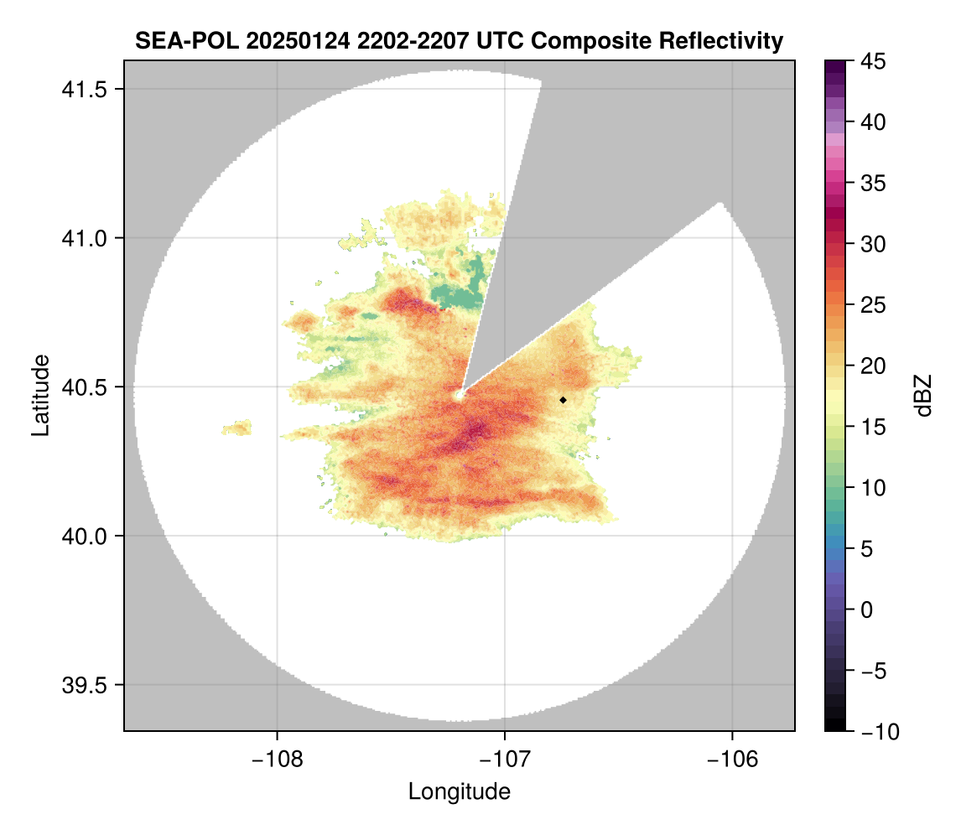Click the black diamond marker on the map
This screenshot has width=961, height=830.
(563, 400)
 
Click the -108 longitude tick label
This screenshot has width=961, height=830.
(276, 760)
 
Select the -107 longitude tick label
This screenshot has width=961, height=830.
(505, 760)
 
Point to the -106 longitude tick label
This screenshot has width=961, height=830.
(733, 760)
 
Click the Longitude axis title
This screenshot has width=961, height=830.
(459, 791)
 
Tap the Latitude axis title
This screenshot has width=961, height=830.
(39, 395)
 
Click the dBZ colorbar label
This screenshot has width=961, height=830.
(923, 395)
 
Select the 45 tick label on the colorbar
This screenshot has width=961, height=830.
(873, 61)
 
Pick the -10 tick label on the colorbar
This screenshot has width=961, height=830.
(877, 731)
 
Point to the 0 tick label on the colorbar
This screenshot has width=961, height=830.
(867, 610)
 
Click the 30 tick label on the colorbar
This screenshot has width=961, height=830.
(873, 244)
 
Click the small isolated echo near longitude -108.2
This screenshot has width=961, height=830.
(237, 428)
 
